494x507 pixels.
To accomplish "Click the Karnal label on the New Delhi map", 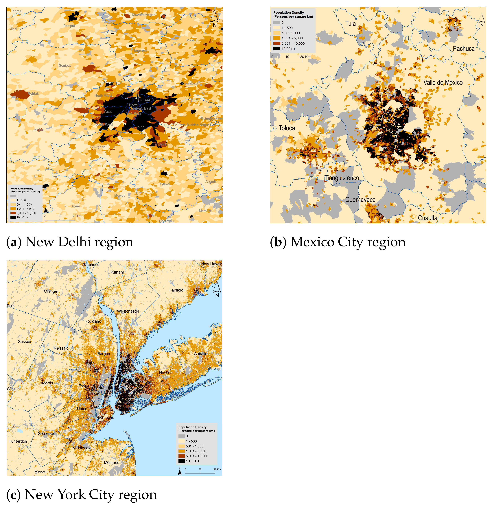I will [17, 11].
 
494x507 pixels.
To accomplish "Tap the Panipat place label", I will [69, 26].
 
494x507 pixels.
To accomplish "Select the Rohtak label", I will [33, 94].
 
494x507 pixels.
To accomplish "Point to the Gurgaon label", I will [98, 147].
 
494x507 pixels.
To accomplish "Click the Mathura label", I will [205, 211].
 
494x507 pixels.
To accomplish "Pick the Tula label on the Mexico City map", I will [350, 24].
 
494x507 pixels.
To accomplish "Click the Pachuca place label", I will [463, 49].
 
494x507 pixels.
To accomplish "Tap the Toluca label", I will [287, 128].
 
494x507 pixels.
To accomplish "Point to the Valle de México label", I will [443, 82].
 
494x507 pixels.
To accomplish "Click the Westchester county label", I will [128, 311].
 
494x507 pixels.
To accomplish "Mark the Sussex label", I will [24, 342].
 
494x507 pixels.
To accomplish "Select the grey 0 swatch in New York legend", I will [181, 436].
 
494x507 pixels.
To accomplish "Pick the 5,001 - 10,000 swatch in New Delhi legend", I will [13, 213].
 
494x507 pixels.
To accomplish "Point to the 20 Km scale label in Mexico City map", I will [305, 57].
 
